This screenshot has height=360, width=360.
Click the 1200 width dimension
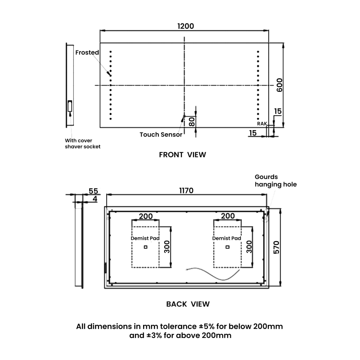pos(185,26)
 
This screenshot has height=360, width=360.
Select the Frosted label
pos(87,53)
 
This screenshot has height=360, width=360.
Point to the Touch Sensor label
pos(161,134)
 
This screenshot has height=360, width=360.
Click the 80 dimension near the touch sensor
pos(191,121)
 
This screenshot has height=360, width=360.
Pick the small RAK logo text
pos(262,123)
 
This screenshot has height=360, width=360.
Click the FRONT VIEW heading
pos(182,155)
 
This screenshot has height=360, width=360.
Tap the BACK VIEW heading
pos(188,304)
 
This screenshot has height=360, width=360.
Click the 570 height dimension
pos(277,247)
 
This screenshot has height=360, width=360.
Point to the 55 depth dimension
pos(94,191)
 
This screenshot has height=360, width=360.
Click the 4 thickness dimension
pos(94,198)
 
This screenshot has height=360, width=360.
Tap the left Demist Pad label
pos(142,238)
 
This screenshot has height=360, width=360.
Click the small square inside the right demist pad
pos(228,247)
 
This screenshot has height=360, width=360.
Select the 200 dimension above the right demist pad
pos(228,216)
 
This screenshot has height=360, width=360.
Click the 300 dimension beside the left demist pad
pos(166,247)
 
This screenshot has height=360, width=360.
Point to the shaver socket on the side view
pos(70,106)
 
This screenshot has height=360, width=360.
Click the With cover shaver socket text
pos(82,143)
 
